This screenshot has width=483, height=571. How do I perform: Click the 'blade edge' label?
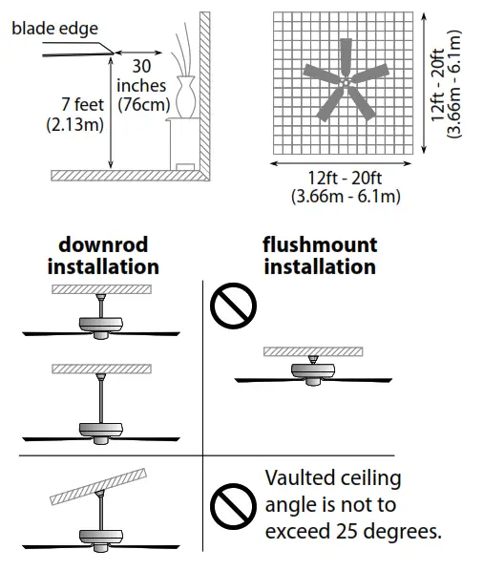point(54,29)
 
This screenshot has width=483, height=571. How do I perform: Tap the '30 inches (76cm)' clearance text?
point(140,87)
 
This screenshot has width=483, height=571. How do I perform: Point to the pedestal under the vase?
point(181,143)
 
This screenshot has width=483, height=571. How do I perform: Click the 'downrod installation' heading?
point(103,255)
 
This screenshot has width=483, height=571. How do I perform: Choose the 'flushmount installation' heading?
point(320,255)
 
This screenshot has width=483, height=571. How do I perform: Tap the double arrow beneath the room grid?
point(344,163)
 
